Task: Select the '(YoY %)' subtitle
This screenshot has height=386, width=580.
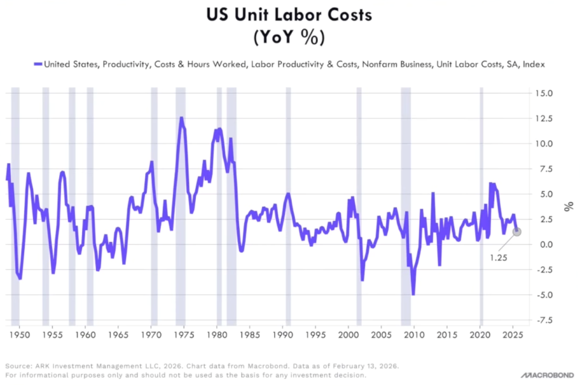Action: (289, 38)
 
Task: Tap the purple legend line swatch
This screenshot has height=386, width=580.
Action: (37, 65)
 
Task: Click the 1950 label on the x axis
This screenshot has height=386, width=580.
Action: (19, 335)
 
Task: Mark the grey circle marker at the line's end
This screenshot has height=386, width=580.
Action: (517, 232)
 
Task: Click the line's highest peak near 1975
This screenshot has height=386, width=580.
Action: (181, 118)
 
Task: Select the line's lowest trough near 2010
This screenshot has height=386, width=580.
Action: (413, 295)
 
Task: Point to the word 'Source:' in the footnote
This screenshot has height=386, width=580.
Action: (18, 367)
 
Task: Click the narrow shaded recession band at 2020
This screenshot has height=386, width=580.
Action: (481, 206)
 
